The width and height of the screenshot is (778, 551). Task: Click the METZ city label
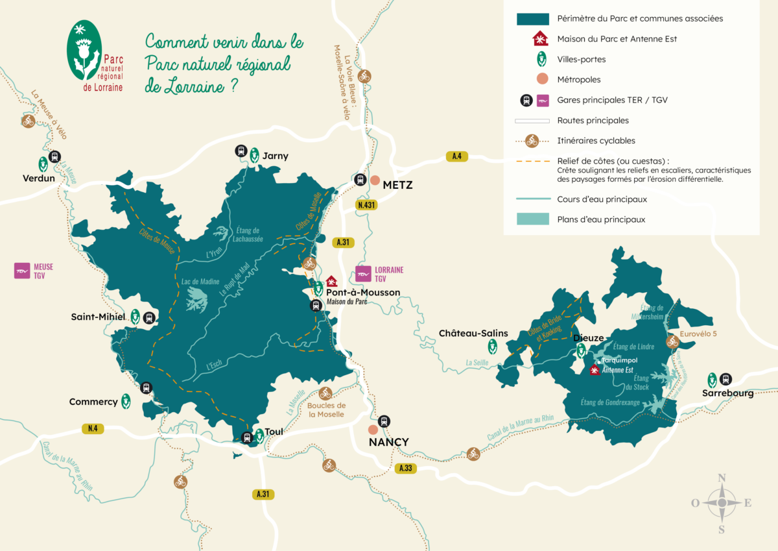397,185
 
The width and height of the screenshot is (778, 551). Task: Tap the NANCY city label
388,442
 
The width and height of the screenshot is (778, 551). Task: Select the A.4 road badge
456,156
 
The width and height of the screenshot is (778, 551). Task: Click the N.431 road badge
368,205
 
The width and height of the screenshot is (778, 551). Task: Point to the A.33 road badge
406,468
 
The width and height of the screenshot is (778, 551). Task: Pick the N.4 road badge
92,428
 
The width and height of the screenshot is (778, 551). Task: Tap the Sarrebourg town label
728,393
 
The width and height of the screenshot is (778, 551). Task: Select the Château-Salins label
473,333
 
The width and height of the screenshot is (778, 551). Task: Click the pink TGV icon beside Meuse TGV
23,271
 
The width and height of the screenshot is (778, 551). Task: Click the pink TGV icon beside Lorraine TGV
364,274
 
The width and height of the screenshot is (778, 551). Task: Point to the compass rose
721,503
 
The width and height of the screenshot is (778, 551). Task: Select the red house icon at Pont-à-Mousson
331,281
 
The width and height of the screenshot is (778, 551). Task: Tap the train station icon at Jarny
241,151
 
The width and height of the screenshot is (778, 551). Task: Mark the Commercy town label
93,402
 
